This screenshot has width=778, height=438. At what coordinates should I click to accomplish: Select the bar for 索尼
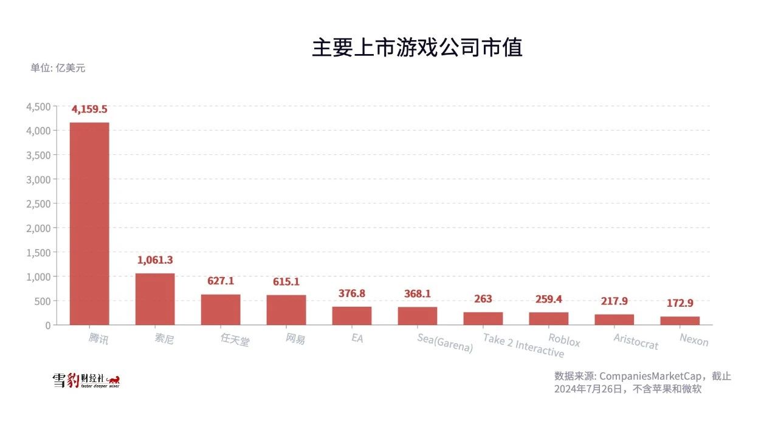click(155, 299)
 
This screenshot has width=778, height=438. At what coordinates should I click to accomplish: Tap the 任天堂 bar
click(221, 309)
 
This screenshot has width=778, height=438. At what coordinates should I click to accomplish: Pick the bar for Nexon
click(680, 320)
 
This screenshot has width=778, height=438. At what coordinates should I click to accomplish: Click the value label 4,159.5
click(89, 109)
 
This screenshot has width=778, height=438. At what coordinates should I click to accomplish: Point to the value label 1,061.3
click(155, 260)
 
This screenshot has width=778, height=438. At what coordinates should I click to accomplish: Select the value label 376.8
click(352, 293)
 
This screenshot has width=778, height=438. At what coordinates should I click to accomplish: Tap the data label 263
click(483, 299)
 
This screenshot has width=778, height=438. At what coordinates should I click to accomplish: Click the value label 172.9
click(680, 303)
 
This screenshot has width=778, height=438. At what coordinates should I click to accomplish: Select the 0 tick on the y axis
click(47, 325)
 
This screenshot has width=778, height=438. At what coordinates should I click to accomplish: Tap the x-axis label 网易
click(295, 339)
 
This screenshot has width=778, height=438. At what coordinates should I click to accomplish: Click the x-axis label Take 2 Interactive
click(523, 345)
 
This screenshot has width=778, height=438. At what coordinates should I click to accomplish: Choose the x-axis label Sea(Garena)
click(445, 343)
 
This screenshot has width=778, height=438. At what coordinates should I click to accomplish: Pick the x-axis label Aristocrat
click(636, 341)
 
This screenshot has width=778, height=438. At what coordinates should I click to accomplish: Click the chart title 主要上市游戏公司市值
click(417, 47)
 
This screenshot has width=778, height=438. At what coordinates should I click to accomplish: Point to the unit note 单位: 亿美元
click(58, 68)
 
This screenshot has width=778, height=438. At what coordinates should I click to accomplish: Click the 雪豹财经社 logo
click(86, 381)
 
